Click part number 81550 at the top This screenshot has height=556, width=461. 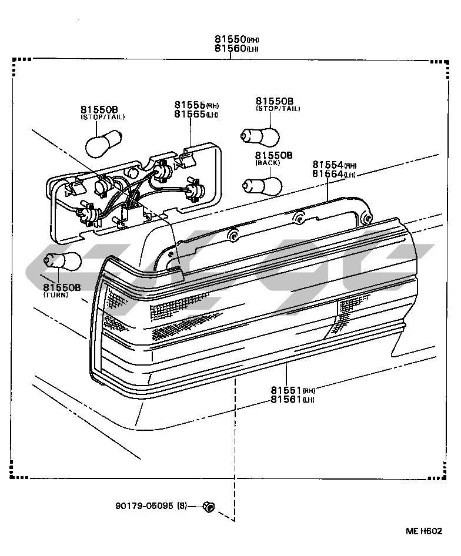[x=229, y=39]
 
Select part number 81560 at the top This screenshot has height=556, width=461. [x=229, y=48]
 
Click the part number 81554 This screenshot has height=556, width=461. [x=328, y=165]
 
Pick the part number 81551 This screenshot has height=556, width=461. [x=286, y=390]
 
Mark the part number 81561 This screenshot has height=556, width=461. [x=286, y=399]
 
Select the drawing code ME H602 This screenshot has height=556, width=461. [x=423, y=531]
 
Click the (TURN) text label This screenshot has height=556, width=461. [x=55, y=295]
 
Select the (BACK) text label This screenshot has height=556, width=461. [x=267, y=162]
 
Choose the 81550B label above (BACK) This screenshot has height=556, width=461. [x=273, y=155]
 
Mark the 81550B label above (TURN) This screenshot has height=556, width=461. [x=61, y=287]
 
